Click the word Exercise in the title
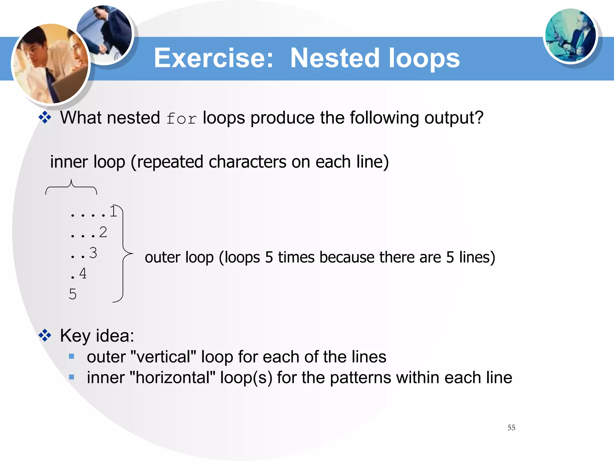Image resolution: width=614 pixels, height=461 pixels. tap(213, 58)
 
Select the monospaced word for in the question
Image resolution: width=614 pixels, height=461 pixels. tap(181, 118)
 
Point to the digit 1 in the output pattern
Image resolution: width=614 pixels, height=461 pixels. tap(113, 212)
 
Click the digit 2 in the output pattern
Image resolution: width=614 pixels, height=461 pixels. tap(103, 232)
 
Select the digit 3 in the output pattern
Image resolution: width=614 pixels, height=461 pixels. tap(93, 253)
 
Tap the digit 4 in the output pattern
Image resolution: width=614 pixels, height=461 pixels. tap(83, 273)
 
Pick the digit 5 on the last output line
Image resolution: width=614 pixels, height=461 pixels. tap(73, 294)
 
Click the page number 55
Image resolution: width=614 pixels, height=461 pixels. tap(511, 428)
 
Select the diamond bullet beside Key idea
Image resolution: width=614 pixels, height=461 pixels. tap(45, 335)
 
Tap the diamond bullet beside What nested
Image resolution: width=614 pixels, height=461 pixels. tap(45, 117)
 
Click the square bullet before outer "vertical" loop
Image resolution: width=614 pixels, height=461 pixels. tap(71, 357)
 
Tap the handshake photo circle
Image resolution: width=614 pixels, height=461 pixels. tap(105, 34)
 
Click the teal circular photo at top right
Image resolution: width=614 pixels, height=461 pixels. tap(570, 35)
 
